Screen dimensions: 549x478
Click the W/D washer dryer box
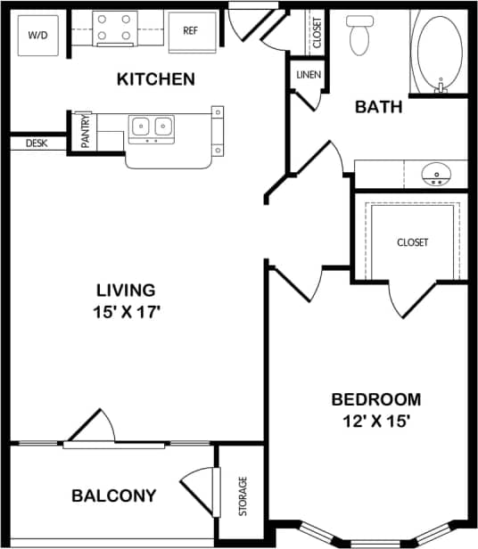coord(38,35)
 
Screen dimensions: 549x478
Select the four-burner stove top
coord(115,29)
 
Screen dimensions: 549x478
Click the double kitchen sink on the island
coord(151,128)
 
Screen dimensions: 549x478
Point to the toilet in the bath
coord(360,36)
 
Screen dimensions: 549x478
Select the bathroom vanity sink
coord(437,173)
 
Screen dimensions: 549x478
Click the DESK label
coord(37,143)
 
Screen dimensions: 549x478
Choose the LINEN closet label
coord(309,75)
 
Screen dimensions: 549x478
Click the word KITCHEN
coord(156,79)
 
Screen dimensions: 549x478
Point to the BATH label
coord(379,107)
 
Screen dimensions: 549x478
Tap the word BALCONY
coord(114,496)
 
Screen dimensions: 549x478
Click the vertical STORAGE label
coord(243,496)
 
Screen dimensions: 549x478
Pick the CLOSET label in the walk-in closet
coord(412,242)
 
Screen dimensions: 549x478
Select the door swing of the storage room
coord(198,492)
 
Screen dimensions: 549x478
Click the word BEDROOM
coord(375,399)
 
